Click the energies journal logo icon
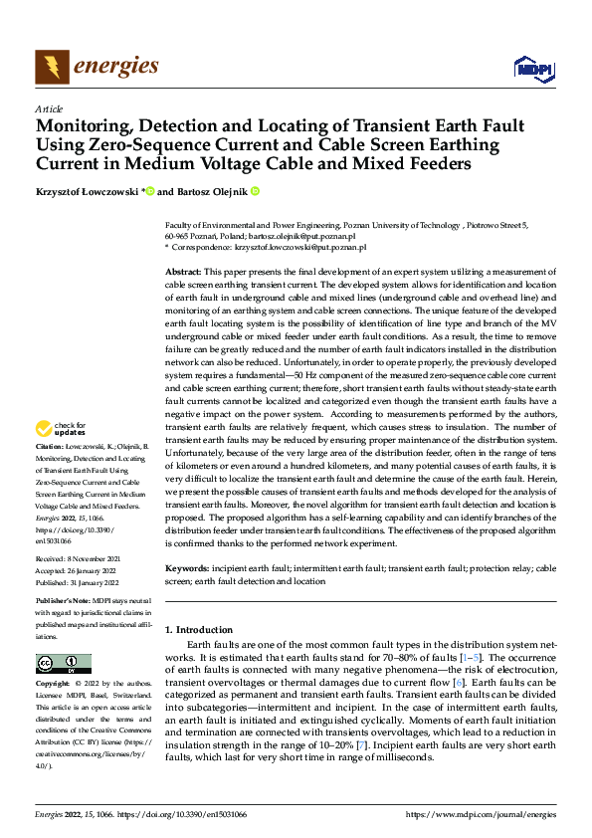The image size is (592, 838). point(52,67)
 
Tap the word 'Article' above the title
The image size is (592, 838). point(49,108)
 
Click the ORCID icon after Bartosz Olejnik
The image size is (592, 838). point(255,190)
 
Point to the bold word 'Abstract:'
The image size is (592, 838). point(184,272)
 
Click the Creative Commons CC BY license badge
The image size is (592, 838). point(63,664)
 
